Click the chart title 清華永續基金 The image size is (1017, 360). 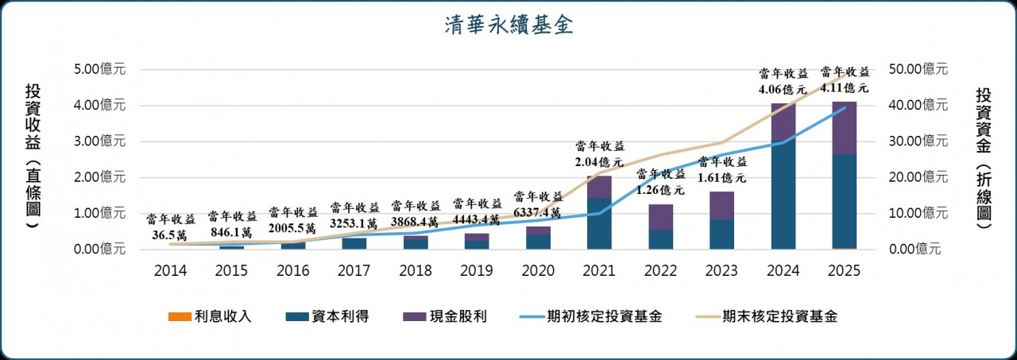[x=508, y=25]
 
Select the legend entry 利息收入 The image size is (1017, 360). [x=210, y=317]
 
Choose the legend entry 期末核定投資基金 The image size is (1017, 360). [x=766, y=317]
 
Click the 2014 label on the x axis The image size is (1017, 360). [x=171, y=271]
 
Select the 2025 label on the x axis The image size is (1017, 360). [x=845, y=271]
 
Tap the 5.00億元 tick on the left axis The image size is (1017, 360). [x=100, y=69]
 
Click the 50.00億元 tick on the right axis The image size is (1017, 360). [x=920, y=69]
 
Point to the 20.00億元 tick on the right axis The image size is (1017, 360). [x=920, y=177]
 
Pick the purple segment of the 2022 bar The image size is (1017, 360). [x=661, y=217]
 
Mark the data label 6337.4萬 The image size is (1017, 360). [x=539, y=213]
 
